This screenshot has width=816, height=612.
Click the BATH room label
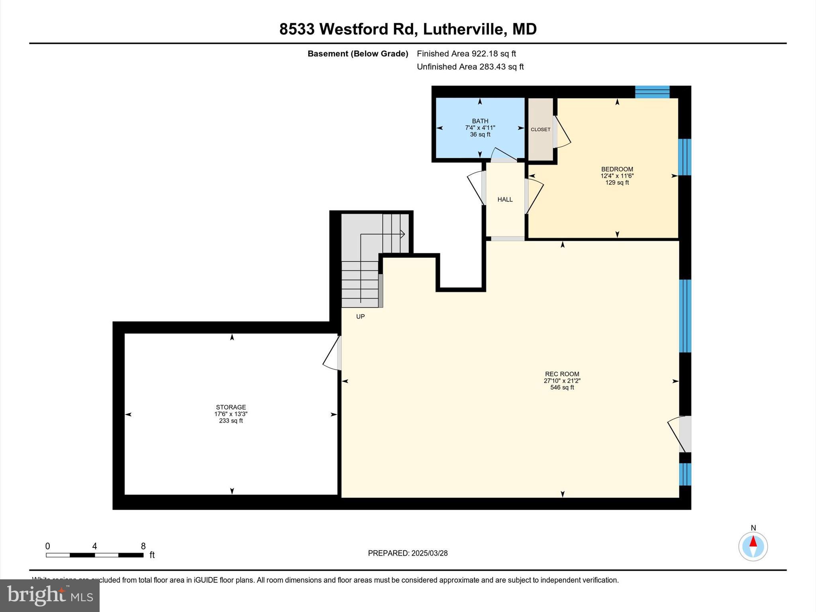(480, 121)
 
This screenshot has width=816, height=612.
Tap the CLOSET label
(540, 129)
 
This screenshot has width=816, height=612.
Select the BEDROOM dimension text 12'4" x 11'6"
(617, 176)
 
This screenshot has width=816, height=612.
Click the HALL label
(505, 200)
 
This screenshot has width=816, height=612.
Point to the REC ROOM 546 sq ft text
(562, 387)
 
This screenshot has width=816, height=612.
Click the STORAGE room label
(231, 407)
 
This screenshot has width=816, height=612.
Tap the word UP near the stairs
(360, 317)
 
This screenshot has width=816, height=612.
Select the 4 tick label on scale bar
(94, 546)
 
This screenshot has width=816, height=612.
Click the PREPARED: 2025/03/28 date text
(408, 553)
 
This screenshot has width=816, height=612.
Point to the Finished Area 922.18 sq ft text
(466, 53)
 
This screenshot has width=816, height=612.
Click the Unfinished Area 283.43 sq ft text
(470, 67)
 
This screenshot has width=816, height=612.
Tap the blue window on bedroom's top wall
(652, 92)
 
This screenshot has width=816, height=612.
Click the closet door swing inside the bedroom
(562, 132)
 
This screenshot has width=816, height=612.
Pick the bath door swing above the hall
(504, 155)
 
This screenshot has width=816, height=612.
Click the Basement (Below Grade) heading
(357, 54)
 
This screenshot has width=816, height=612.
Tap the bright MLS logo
(50, 595)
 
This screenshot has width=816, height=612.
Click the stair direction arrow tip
(404, 234)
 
